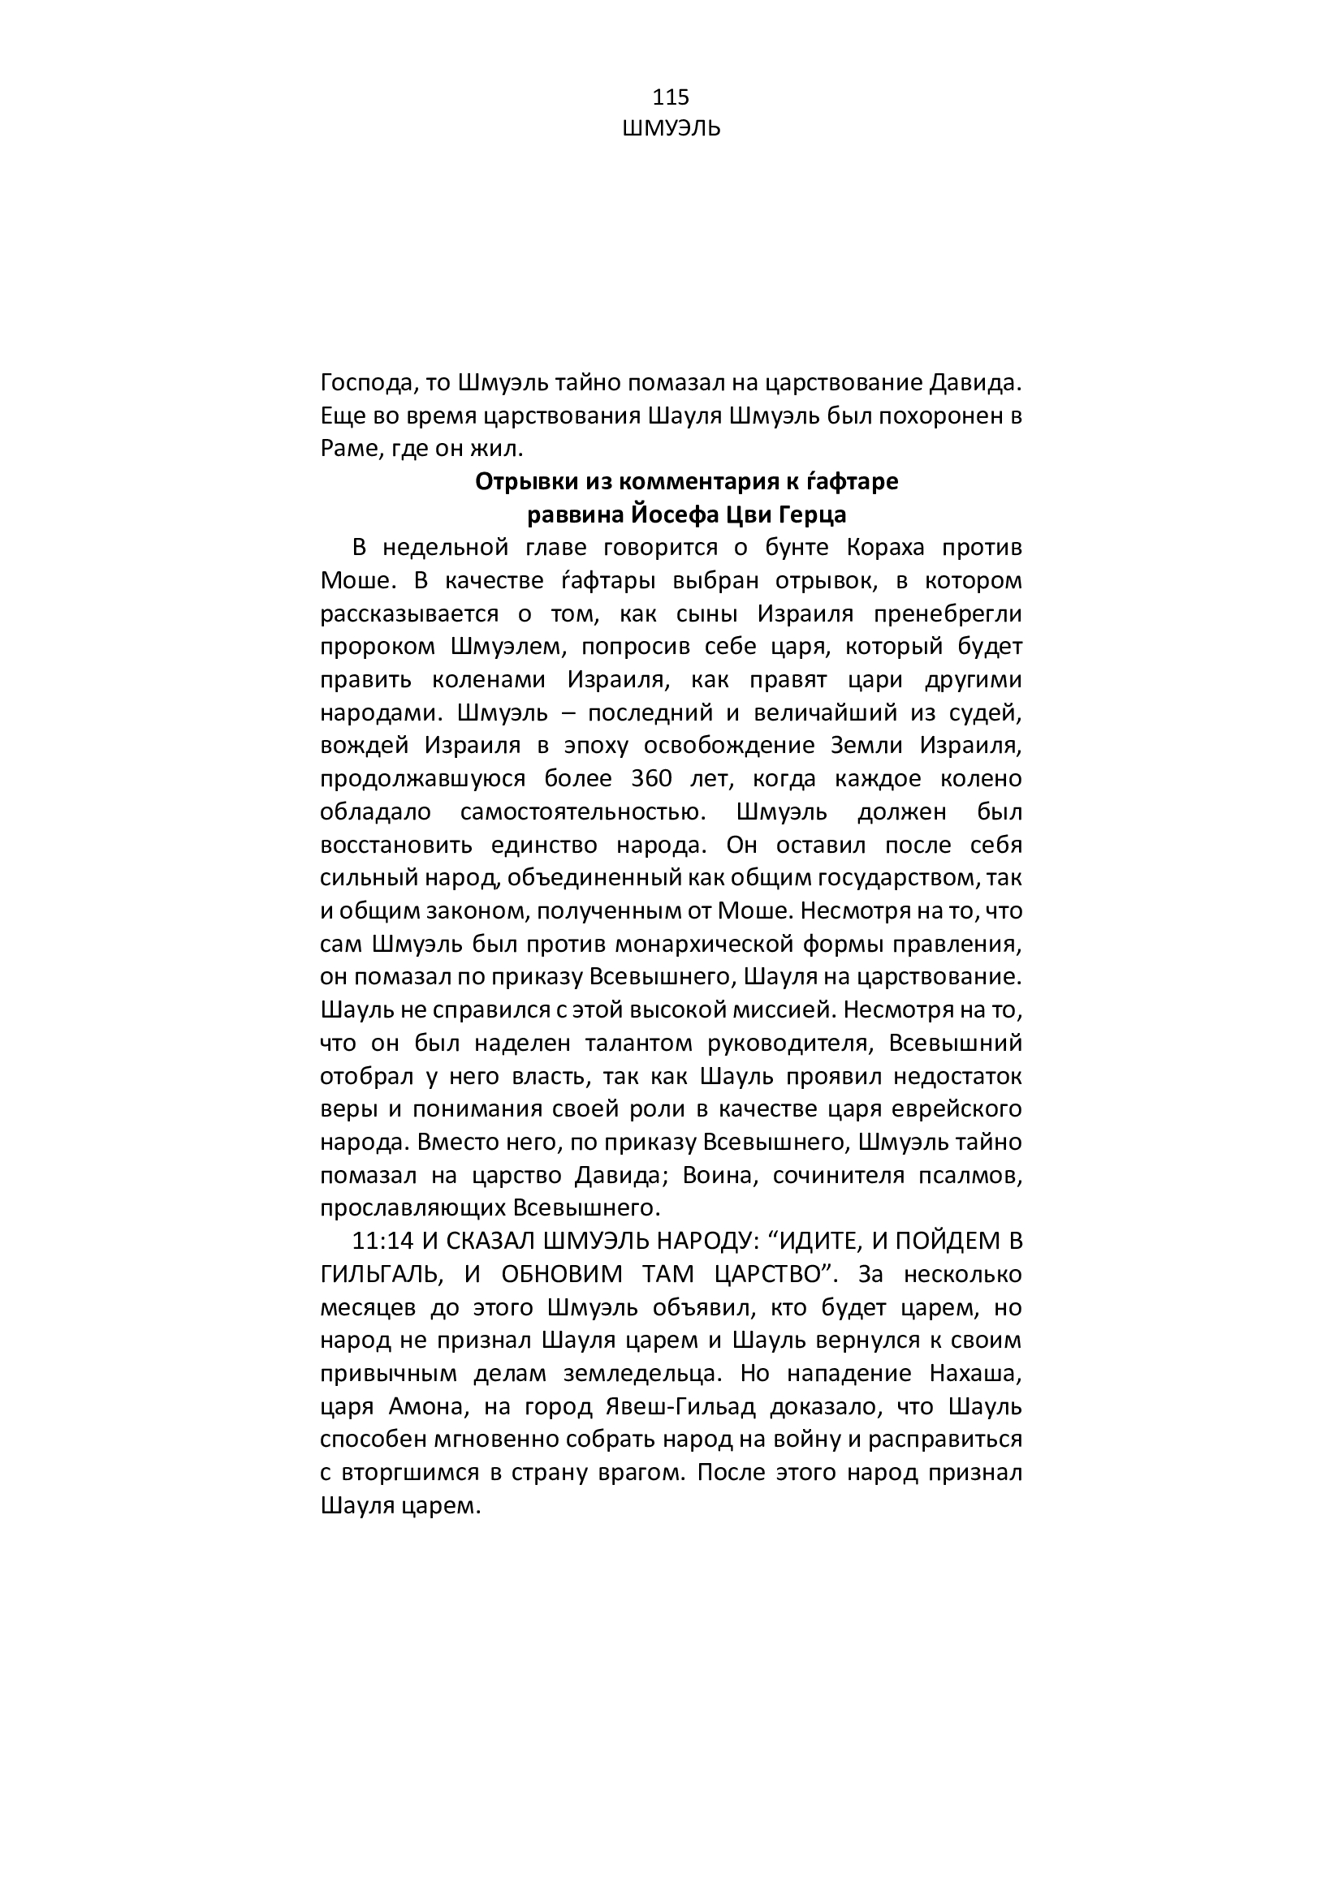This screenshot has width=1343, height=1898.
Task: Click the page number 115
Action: point(671,97)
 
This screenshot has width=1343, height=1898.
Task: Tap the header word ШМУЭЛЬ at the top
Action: point(671,129)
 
